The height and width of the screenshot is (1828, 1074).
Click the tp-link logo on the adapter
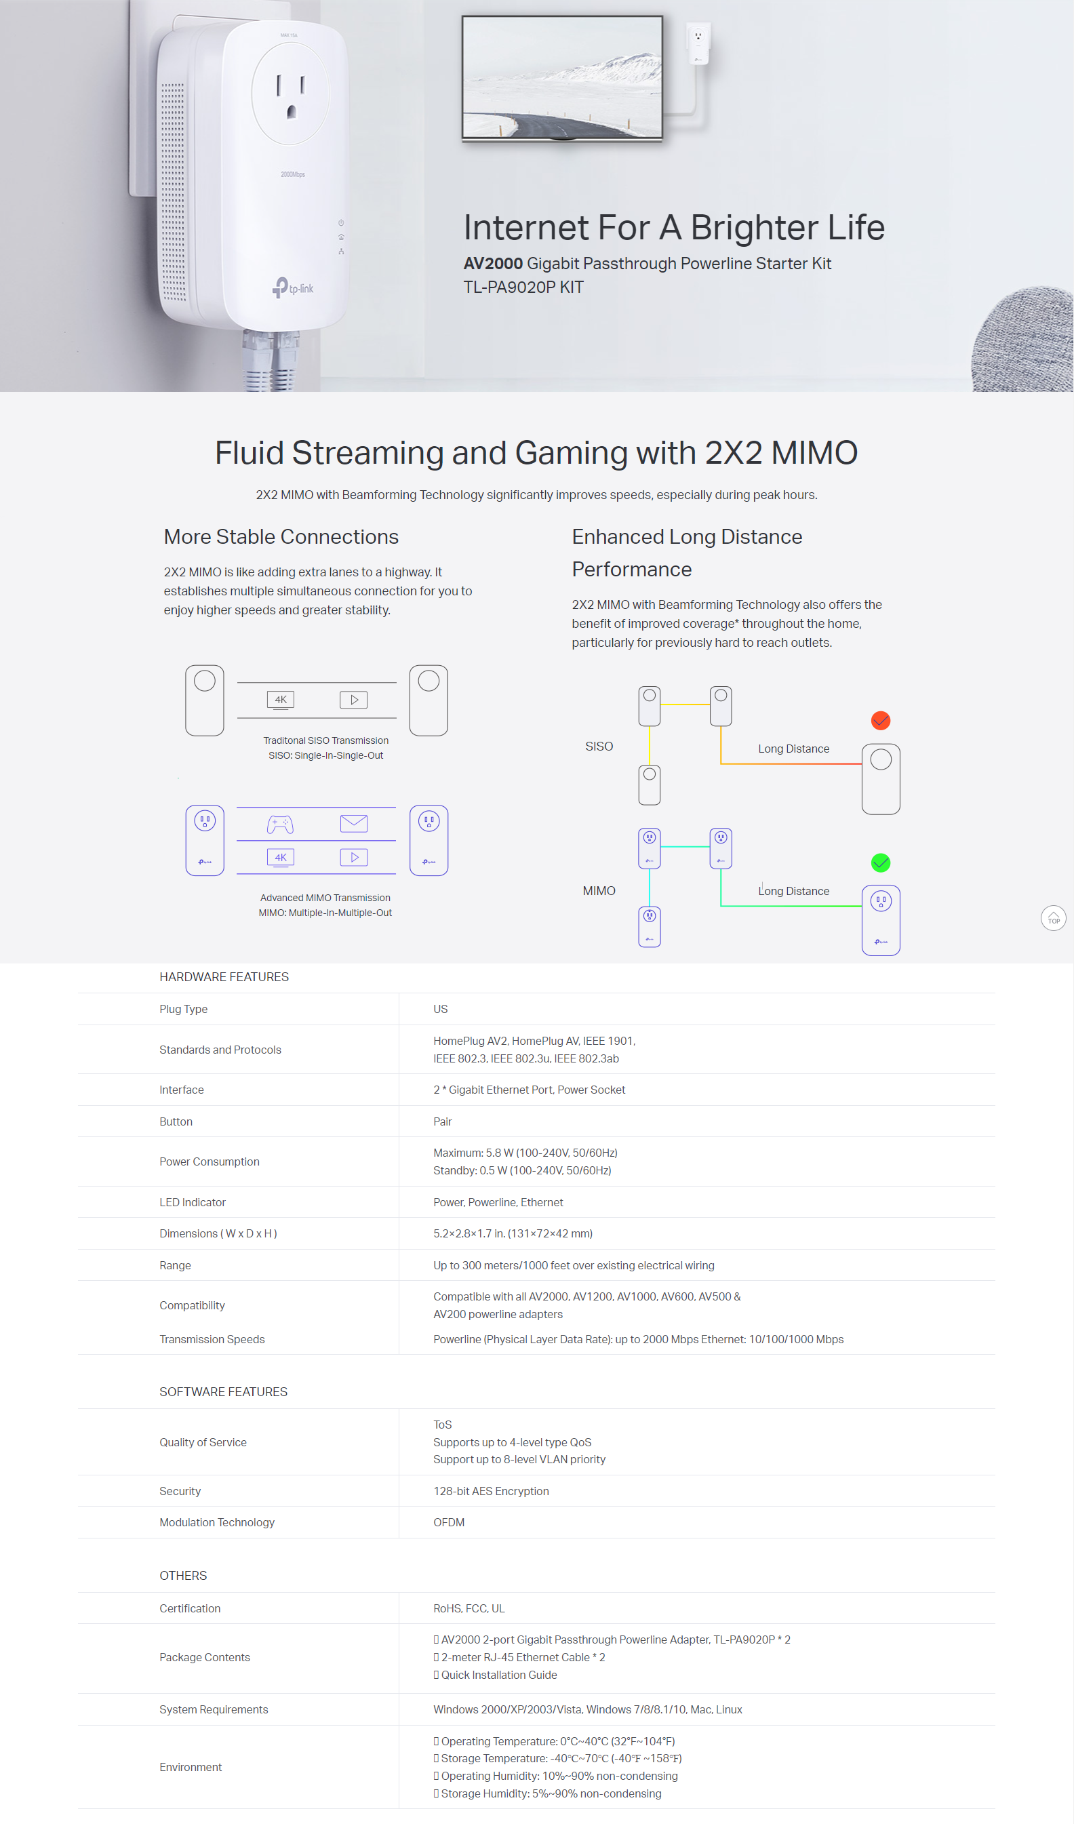[293, 288]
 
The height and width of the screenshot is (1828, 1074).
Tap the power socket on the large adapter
[290, 94]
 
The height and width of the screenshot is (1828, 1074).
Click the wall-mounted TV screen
[562, 76]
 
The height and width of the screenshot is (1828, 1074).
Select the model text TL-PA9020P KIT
[523, 287]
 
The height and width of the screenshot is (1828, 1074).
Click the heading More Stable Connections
[281, 537]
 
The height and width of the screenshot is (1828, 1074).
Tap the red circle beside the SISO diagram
[880, 720]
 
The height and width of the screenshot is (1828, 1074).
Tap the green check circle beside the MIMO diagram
[880, 862]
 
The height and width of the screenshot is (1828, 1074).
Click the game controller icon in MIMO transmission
[280, 824]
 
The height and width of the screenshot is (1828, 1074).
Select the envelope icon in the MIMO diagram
[354, 823]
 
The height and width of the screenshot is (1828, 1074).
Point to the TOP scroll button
[1053, 918]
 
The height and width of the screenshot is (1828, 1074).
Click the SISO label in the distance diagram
[599, 747]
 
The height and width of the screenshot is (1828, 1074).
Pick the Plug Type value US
[440, 1009]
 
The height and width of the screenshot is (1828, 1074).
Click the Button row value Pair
[442, 1121]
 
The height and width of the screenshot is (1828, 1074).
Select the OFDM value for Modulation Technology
[449, 1523]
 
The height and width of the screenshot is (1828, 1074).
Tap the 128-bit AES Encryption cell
[491, 1492]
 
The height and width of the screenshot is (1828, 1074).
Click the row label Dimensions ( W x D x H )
[218, 1233]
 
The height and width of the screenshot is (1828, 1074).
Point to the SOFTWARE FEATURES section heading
[223, 1392]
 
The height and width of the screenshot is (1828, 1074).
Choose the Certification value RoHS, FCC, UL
[469, 1608]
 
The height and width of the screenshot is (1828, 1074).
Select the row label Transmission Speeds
[212, 1339]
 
